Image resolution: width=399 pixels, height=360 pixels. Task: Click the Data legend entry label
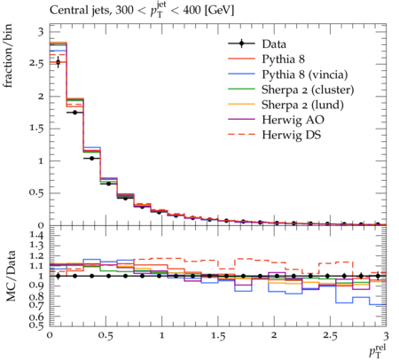tap(274, 44)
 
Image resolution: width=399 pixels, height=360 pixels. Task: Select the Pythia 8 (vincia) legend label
tap(305, 74)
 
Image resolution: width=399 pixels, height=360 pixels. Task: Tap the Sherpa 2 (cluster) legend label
tap(308, 90)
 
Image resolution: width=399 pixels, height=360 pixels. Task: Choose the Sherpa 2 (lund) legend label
tap(302, 105)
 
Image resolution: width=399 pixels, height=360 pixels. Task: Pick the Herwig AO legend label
tap(293, 120)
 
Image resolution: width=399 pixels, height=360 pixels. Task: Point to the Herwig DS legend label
tap(292, 135)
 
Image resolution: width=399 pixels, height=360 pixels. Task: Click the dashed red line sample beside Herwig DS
tap(241, 135)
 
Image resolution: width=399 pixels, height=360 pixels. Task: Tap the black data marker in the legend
tap(241, 43)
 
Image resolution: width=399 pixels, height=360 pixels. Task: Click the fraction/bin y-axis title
tap(8, 56)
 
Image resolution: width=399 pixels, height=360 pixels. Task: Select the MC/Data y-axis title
tap(11, 276)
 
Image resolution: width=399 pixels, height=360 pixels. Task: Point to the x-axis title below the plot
tap(378, 350)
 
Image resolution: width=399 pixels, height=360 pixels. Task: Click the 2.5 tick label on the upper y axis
tap(36, 64)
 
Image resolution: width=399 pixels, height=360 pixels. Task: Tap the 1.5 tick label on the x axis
tap(218, 336)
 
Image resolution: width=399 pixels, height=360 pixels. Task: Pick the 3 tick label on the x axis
tap(386, 336)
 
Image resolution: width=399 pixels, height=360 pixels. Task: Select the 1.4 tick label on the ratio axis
tap(36, 236)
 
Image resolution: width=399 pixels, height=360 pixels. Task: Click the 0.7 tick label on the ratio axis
tap(36, 306)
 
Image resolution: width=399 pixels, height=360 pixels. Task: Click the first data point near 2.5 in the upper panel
tap(58, 62)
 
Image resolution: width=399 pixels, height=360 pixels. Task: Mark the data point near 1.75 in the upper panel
tap(74, 113)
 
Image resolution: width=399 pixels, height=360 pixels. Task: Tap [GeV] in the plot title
tap(220, 11)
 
